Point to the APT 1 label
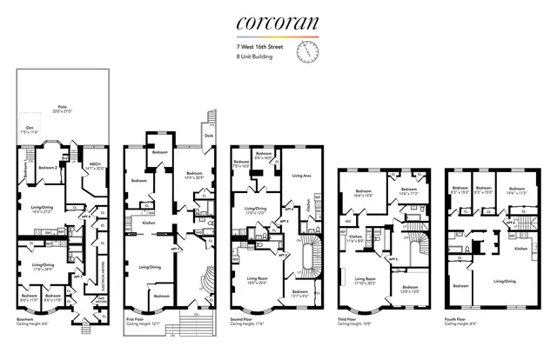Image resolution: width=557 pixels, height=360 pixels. (x=174, y=249)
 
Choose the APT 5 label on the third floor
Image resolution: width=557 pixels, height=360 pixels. (x=393, y=259)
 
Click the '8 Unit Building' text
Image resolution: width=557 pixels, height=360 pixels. (x=253, y=57)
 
